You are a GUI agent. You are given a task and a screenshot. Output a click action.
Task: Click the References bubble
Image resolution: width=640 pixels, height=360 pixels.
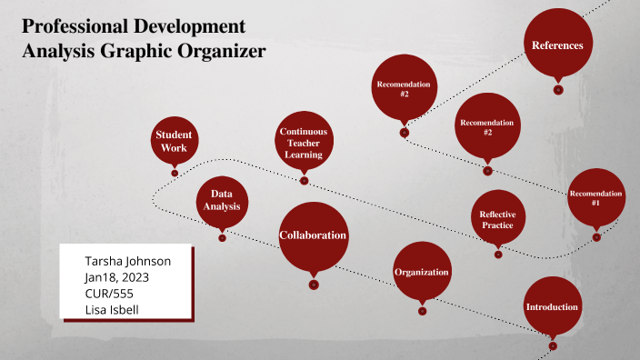557,44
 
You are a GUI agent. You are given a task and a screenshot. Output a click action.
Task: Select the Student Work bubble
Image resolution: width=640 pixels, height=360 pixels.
174,141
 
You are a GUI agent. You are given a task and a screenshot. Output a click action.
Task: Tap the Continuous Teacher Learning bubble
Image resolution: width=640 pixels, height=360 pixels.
304,143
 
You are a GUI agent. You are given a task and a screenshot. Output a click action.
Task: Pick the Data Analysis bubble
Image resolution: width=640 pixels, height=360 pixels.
223,200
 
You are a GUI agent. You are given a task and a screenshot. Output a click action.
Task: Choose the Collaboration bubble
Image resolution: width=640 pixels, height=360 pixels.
313,235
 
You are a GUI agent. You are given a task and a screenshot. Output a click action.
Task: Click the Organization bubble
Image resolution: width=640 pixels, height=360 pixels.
422,272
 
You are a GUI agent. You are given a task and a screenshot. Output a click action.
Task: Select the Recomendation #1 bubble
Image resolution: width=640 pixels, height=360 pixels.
595,198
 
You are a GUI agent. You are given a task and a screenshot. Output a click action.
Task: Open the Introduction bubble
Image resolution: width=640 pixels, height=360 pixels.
552,306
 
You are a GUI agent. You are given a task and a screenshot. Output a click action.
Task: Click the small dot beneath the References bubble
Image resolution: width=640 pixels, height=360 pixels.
558,89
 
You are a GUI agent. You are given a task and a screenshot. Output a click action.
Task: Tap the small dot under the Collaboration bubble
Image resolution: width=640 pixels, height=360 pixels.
314,285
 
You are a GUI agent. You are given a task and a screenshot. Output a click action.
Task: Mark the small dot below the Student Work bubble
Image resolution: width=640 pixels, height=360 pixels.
175,173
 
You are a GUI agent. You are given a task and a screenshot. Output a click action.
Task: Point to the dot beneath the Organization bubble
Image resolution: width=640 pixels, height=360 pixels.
423,312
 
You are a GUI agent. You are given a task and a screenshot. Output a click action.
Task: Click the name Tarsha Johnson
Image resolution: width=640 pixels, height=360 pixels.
127,261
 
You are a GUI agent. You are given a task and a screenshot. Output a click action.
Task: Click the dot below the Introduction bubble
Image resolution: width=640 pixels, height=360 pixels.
553,345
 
